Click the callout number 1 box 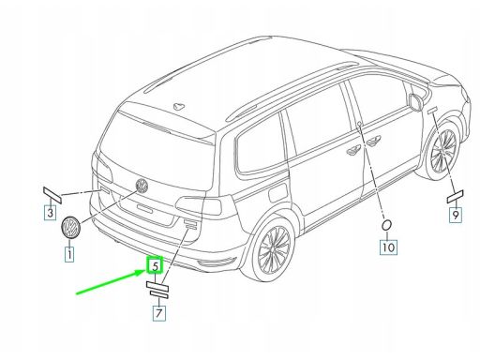pyautogui.click(x=69, y=254)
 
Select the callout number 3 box pyautogui.click(x=50, y=213)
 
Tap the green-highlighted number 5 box pyautogui.click(x=156, y=265)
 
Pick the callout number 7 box pyautogui.click(x=159, y=313)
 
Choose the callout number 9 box pyautogui.click(x=456, y=215)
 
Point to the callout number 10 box pyautogui.click(x=388, y=247)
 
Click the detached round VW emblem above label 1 pyautogui.click(x=70, y=227)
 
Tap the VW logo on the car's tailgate pyautogui.click(x=142, y=186)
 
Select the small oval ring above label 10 pyautogui.click(x=386, y=225)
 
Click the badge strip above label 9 pyautogui.click(x=456, y=197)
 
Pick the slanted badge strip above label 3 pyautogui.click(x=52, y=194)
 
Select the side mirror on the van pyautogui.click(x=415, y=101)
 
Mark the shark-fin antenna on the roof pyautogui.click(x=179, y=107)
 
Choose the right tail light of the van pyautogui.click(x=199, y=205)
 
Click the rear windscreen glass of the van pyautogui.click(x=157, y=150)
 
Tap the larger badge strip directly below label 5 pyautogui.click(x=157, y=287)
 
